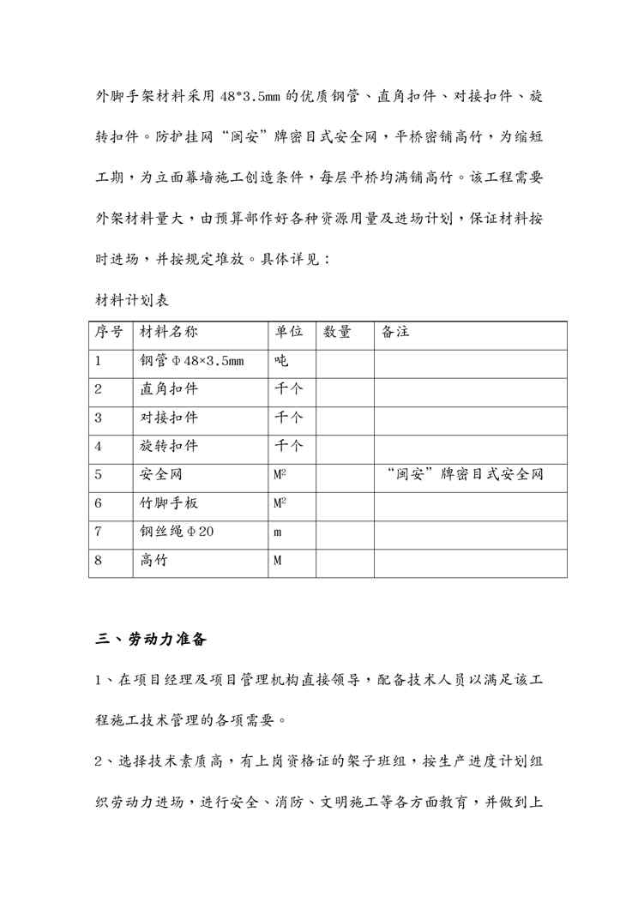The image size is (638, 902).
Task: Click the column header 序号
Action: pos(108,333)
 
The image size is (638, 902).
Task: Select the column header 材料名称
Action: pos(169,333)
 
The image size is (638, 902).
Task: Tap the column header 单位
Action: pos(289,333)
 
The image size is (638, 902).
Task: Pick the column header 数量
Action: pos(337,333)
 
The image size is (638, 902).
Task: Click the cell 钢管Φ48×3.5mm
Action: pos(191,361)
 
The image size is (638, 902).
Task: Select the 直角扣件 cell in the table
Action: pos(169,389)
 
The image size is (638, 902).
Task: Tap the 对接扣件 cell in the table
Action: pos(169,418)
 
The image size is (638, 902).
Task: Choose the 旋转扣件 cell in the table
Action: pos(169,446)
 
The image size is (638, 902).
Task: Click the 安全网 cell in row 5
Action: pos(161,474)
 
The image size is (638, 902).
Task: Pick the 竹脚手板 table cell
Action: pos(169,503)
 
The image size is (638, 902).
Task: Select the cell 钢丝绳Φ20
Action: pos(177,532)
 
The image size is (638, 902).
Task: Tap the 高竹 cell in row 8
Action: pos(154,561)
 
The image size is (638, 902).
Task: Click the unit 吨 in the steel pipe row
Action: pos(281,361)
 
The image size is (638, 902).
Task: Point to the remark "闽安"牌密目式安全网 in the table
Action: pos(465,474)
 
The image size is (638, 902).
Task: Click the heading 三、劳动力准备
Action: pos(149,639)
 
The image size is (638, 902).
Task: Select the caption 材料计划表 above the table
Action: pos(131,301)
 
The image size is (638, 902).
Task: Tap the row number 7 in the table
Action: pos(99,532)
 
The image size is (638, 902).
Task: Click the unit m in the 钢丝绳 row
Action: pos(278,532)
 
